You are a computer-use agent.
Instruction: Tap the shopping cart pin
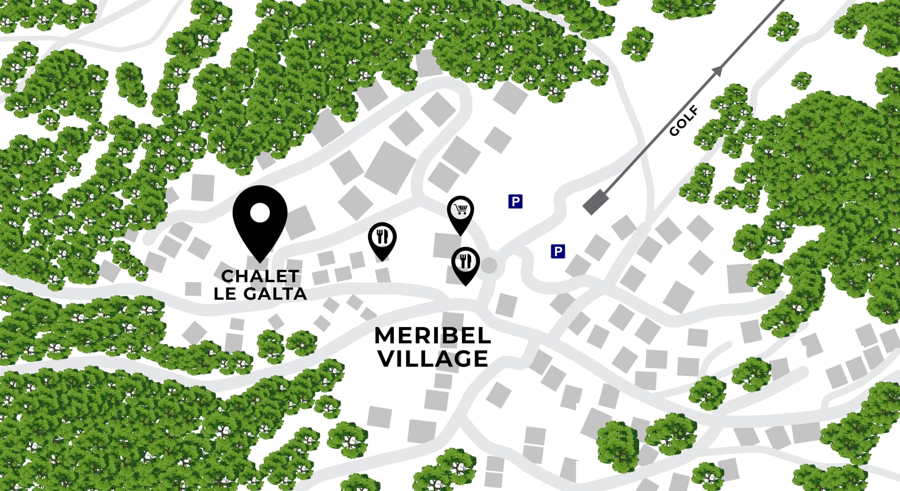pyautogui.click(x=460, y=213)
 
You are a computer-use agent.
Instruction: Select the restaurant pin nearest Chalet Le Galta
pyautogui.click(x=382, y=239)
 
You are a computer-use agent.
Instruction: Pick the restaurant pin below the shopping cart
pyautogui.click(x=465, y=264)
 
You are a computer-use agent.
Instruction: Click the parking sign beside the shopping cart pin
pyautogui.click(x=515, y=201)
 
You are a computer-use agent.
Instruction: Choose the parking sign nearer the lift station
pyautogui.click(x=558, y=252)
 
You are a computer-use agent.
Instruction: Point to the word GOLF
pyautogui.click(x=684, y=121)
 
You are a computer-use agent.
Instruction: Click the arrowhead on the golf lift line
pyautogui.click(x=718, y=71)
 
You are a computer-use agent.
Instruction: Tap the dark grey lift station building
pyautogui.click(x=596, y=202)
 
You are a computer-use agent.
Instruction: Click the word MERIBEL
pyautogui.click(x=432, y=336)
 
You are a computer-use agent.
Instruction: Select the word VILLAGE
pyautogui.click(x=433, y=359)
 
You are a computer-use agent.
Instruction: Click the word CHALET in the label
pyautogui.click(x=260, y=276)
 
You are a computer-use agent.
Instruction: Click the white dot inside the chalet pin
pyautogui.click(x=260, y=213)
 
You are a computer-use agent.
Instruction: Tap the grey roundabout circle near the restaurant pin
pyautogui.click(x=489, y=266)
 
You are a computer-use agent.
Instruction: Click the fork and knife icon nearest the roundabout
pyautogui.click(x=465, y=261)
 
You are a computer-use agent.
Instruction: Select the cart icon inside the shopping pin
pyautogui.click(x=460, y=210)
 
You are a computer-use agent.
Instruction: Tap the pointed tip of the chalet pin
pyautogui.click(x=260, y=262)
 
